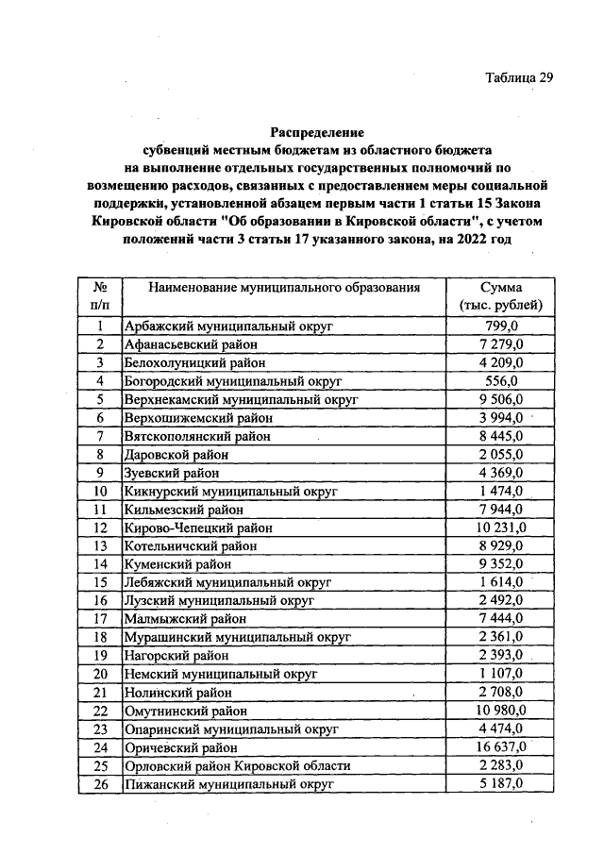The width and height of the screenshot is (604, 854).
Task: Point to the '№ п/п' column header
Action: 99,296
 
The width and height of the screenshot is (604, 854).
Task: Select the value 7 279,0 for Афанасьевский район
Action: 501,344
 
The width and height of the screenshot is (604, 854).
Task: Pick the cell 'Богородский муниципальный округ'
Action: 232,381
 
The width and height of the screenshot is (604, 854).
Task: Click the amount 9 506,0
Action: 501,399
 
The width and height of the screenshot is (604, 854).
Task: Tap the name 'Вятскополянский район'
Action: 197,436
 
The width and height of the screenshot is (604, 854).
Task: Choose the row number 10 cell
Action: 99,491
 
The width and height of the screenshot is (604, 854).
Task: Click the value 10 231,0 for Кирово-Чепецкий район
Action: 501,527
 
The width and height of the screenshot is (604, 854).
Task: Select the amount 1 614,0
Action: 501,582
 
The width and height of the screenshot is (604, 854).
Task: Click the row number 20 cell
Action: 99,674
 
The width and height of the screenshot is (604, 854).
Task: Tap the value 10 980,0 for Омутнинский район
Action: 501,711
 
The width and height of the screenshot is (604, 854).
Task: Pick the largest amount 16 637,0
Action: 501,747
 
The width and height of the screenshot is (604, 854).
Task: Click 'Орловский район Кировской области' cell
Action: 237,765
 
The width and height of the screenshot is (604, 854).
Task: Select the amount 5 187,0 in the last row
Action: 501,783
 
